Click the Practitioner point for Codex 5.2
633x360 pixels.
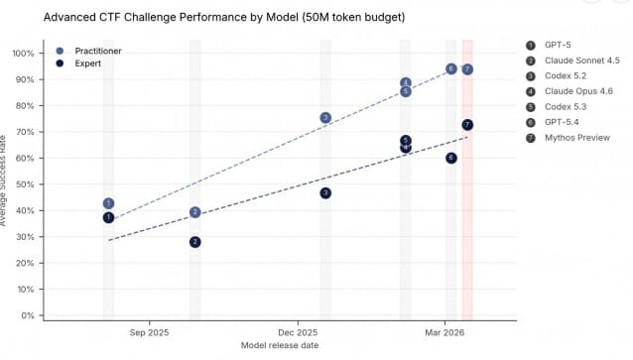(x=325, y=118)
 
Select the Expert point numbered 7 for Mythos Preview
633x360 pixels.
(x=467, y=125)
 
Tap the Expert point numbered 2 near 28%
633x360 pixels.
(x=195, y=242)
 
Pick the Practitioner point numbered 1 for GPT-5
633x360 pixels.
(x=108, y=203)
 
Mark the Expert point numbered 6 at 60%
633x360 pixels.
(x=451, y=159)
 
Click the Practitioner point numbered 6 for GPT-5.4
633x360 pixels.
(x=451, y=69)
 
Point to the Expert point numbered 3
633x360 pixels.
(x=325, y=193)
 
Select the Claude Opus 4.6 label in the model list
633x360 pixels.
(x=578, y=91)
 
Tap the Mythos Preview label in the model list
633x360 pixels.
(x=577, y=138)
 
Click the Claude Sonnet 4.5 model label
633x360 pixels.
(x=582, y=60)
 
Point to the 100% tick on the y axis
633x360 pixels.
(x=23, y=54)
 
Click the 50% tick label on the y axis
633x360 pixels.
(x=25, y=184)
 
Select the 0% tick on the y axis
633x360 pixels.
(x=28, y=315)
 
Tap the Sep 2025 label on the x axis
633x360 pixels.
(x=150, y=333)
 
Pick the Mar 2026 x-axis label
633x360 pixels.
(x=444, y=333)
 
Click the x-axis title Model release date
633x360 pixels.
(x=280, y=345)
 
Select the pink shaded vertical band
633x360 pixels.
(x=467, y=180)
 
